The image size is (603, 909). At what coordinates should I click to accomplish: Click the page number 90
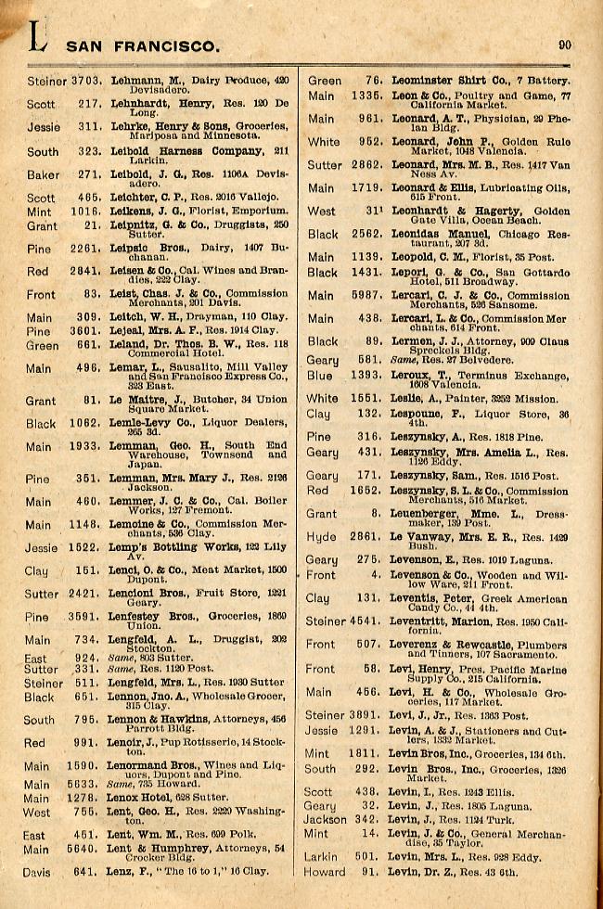point(565,44)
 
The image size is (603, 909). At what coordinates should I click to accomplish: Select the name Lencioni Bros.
point(150,594)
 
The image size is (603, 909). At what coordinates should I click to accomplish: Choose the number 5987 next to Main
point(365,296)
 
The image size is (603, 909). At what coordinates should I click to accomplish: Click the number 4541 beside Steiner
point(365,621)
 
